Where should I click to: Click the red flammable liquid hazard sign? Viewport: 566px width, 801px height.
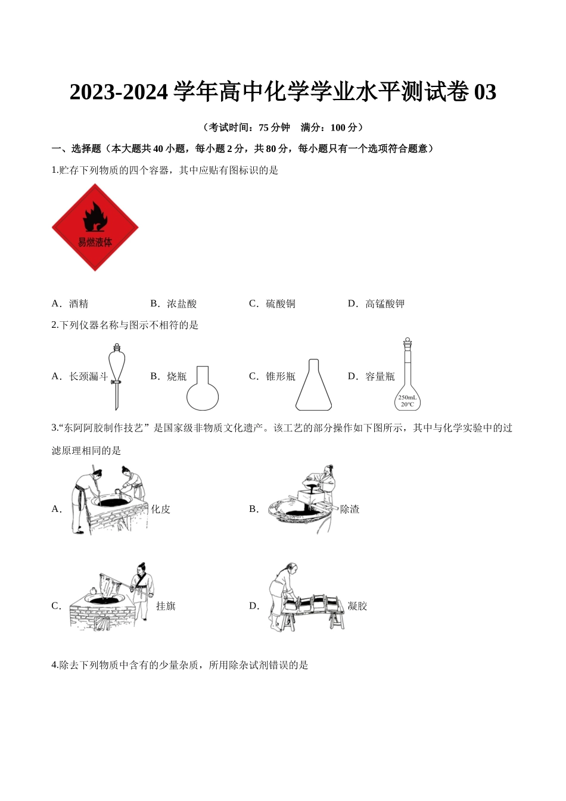pyautogui.click(x=95, y=228)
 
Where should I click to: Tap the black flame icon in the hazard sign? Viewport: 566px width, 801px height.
pyautogui.click(x=95, y=216)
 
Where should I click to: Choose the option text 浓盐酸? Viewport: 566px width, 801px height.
pyautogui.click(x=182, y=304)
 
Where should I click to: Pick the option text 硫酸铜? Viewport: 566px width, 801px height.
pyautogui.click(x=281, y=304)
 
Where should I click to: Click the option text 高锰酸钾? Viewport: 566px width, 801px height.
pyautogui.click(x=385, y=304)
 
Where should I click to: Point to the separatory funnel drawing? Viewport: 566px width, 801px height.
pyautogui.click(x=117, y=375)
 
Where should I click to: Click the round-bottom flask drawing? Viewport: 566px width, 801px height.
pyautogui.click(x=203, y=389)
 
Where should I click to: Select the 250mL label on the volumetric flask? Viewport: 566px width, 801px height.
pyautogui.click(x=408, y=398)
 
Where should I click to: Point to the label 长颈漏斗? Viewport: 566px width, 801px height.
pyautogui.click(x=89, y=377)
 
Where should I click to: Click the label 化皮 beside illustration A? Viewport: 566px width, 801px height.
pyautogui.click(x=161, y=510)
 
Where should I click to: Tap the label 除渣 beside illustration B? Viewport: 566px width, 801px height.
pyautogui.click(x=350, y=510)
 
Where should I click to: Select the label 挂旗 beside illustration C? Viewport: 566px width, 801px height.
pyautogui.click(x=166, y=606)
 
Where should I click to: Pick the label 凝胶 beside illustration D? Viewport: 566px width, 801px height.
pyautogui.click(x=357, y=606)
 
